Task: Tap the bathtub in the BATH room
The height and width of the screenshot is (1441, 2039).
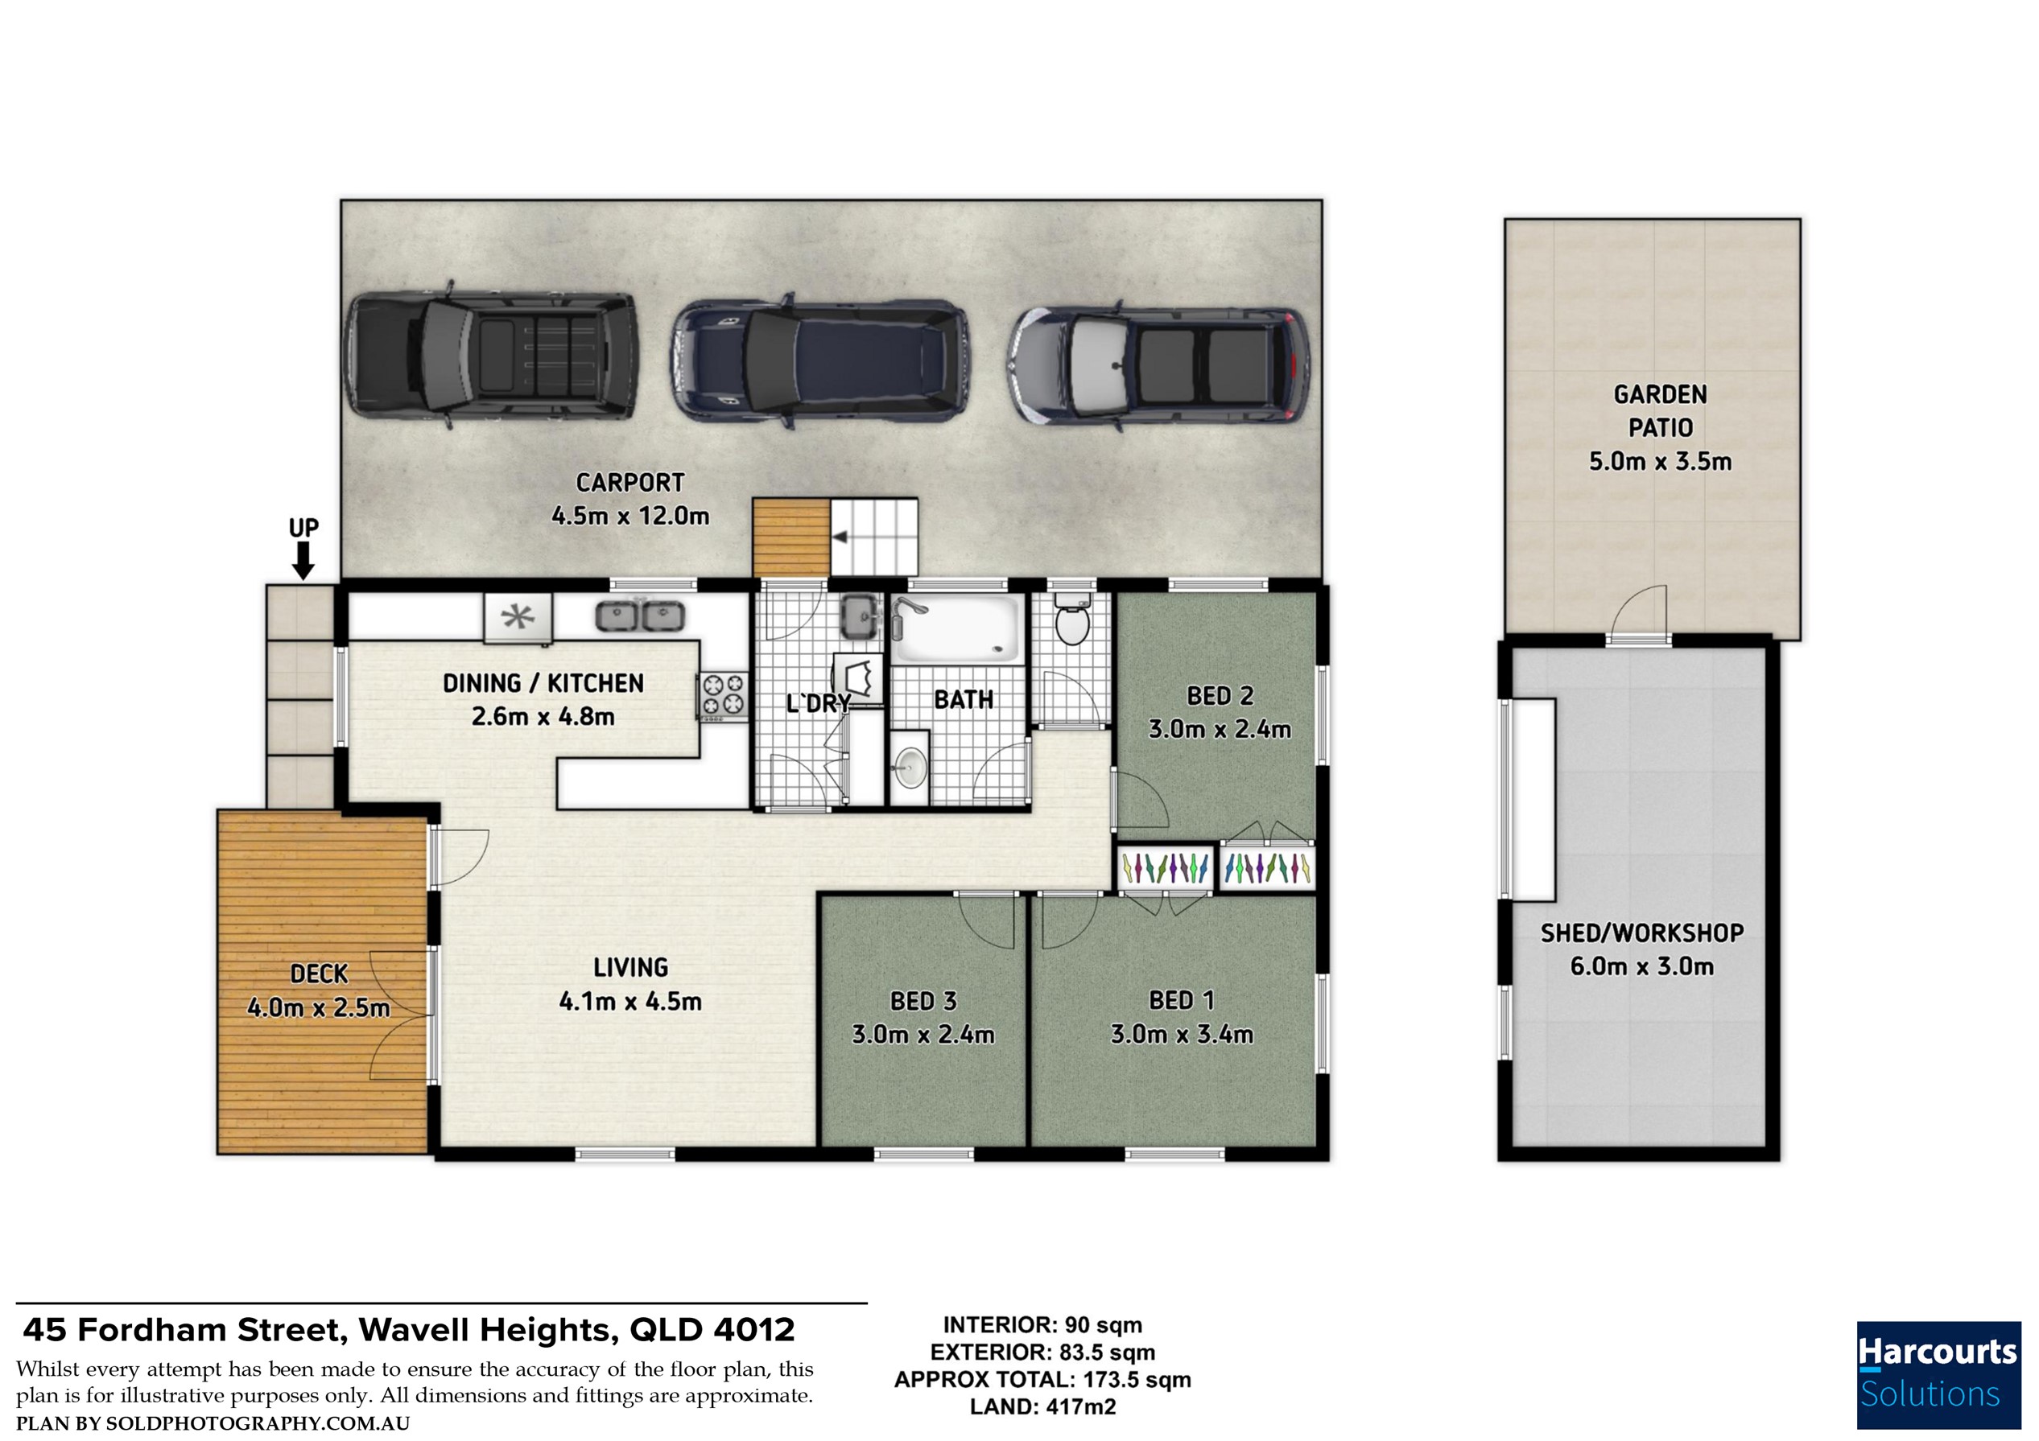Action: pyautogui.click(x=957, y=628)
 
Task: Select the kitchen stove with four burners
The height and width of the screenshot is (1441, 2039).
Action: pyautogui.click(x=723, y=694)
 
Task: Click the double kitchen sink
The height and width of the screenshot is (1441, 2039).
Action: pyautogui.click(x=639, y=616)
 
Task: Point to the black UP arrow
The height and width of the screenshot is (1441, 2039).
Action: pyautogui.click(x=303, y=561)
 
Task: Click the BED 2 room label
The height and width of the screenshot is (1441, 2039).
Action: pyautogui.click(x=1220, y=696)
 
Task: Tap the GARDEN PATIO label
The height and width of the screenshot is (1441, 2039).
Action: pyautogui.click(x=1660, y=411)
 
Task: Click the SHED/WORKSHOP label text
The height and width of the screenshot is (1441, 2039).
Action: pyautogui.click(x=1642, y=933)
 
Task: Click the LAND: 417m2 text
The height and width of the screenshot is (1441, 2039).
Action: pyautogui.click(x=1042, y=1406)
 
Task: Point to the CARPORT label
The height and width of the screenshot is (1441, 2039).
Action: pyautogui.click(x=629, y=483)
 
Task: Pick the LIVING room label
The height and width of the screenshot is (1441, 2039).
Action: pyautogui.click(x=630, y=967)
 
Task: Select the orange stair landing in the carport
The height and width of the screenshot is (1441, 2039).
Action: pyautogui.click(x=790, y=537)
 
